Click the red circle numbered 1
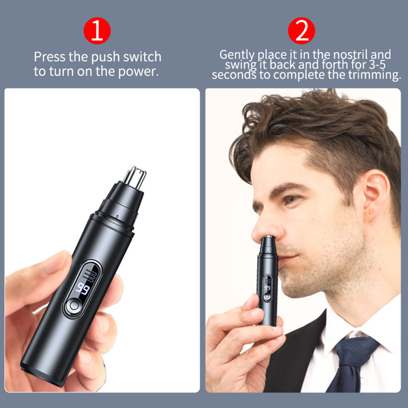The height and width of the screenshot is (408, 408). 97,31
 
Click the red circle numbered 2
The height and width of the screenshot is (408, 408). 301,31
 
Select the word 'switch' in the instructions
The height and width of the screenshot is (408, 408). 142,57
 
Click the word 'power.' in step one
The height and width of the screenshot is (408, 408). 139,72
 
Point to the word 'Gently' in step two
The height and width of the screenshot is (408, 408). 237,55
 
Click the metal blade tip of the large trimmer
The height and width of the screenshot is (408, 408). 135,178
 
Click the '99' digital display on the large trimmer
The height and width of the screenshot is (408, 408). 83,288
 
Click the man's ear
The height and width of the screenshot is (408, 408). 376,195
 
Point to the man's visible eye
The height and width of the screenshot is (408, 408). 291,200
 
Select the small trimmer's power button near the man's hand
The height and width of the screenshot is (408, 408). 266,297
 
